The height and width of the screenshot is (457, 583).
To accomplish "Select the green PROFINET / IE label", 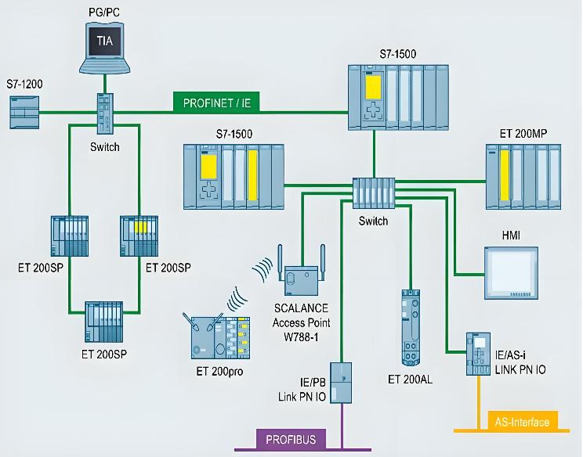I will (x=217, y=102).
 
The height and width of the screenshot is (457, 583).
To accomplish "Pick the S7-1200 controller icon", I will (x=24, y=113).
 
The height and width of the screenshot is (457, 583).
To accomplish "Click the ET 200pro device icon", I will (x=221, y=335).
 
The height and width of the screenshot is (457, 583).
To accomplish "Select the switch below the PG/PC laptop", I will (x=105, y=115).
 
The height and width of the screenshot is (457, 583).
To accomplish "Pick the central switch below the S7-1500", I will (x=373, y=193).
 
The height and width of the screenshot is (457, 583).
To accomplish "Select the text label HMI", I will (x=511, y=235).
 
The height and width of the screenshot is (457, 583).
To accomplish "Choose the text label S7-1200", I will (x=24, y=82).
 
